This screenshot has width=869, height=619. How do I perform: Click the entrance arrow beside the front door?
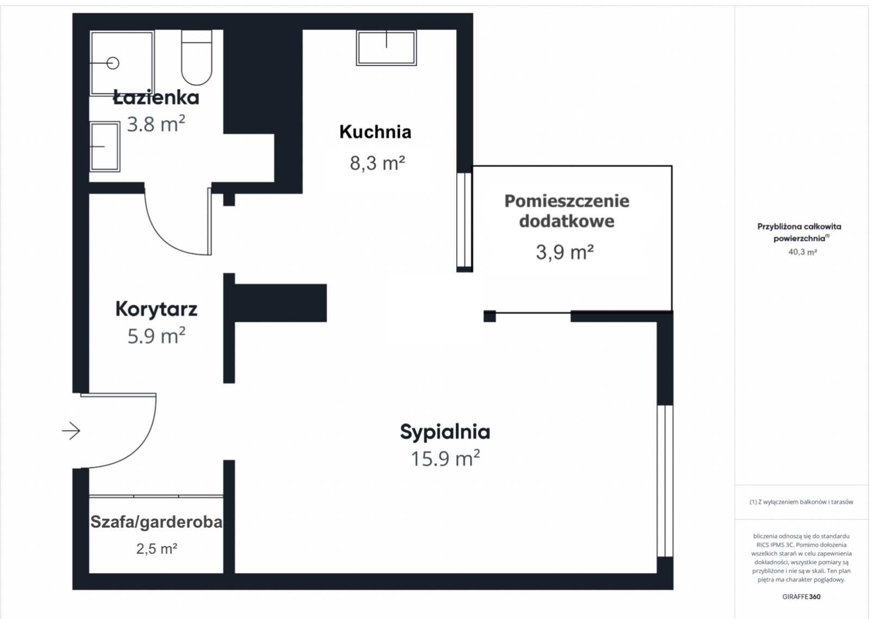point(71,431)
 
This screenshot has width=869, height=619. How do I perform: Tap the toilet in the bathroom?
point(197,58)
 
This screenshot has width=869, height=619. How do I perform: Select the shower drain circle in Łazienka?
point(113,63)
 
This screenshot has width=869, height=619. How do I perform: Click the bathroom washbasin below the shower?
point(105,147)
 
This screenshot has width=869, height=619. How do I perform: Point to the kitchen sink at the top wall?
point(387,48)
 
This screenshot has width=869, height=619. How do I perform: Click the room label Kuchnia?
point(375,132)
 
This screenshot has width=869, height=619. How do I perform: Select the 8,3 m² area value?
point(377,163)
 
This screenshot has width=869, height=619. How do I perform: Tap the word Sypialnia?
point(445,432)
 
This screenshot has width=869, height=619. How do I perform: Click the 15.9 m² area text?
point(445,458)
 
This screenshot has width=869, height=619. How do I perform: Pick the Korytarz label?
point(156,309)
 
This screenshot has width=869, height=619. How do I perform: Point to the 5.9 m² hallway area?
point(156,336)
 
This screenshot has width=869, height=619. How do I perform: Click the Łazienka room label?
point(156,97)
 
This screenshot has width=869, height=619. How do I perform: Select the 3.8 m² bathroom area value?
point(156,124)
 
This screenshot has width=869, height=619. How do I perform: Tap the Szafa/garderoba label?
point(156,522)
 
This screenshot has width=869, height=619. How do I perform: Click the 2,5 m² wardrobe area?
point(157,549)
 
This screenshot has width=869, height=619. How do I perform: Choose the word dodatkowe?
point(567,222)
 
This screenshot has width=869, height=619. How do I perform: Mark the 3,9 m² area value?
point(565,252)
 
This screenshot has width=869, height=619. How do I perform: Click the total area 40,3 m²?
point(803,252)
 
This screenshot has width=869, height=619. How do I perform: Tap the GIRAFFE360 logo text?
point(802,597)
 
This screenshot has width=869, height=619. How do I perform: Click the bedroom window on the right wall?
point(665,481)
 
